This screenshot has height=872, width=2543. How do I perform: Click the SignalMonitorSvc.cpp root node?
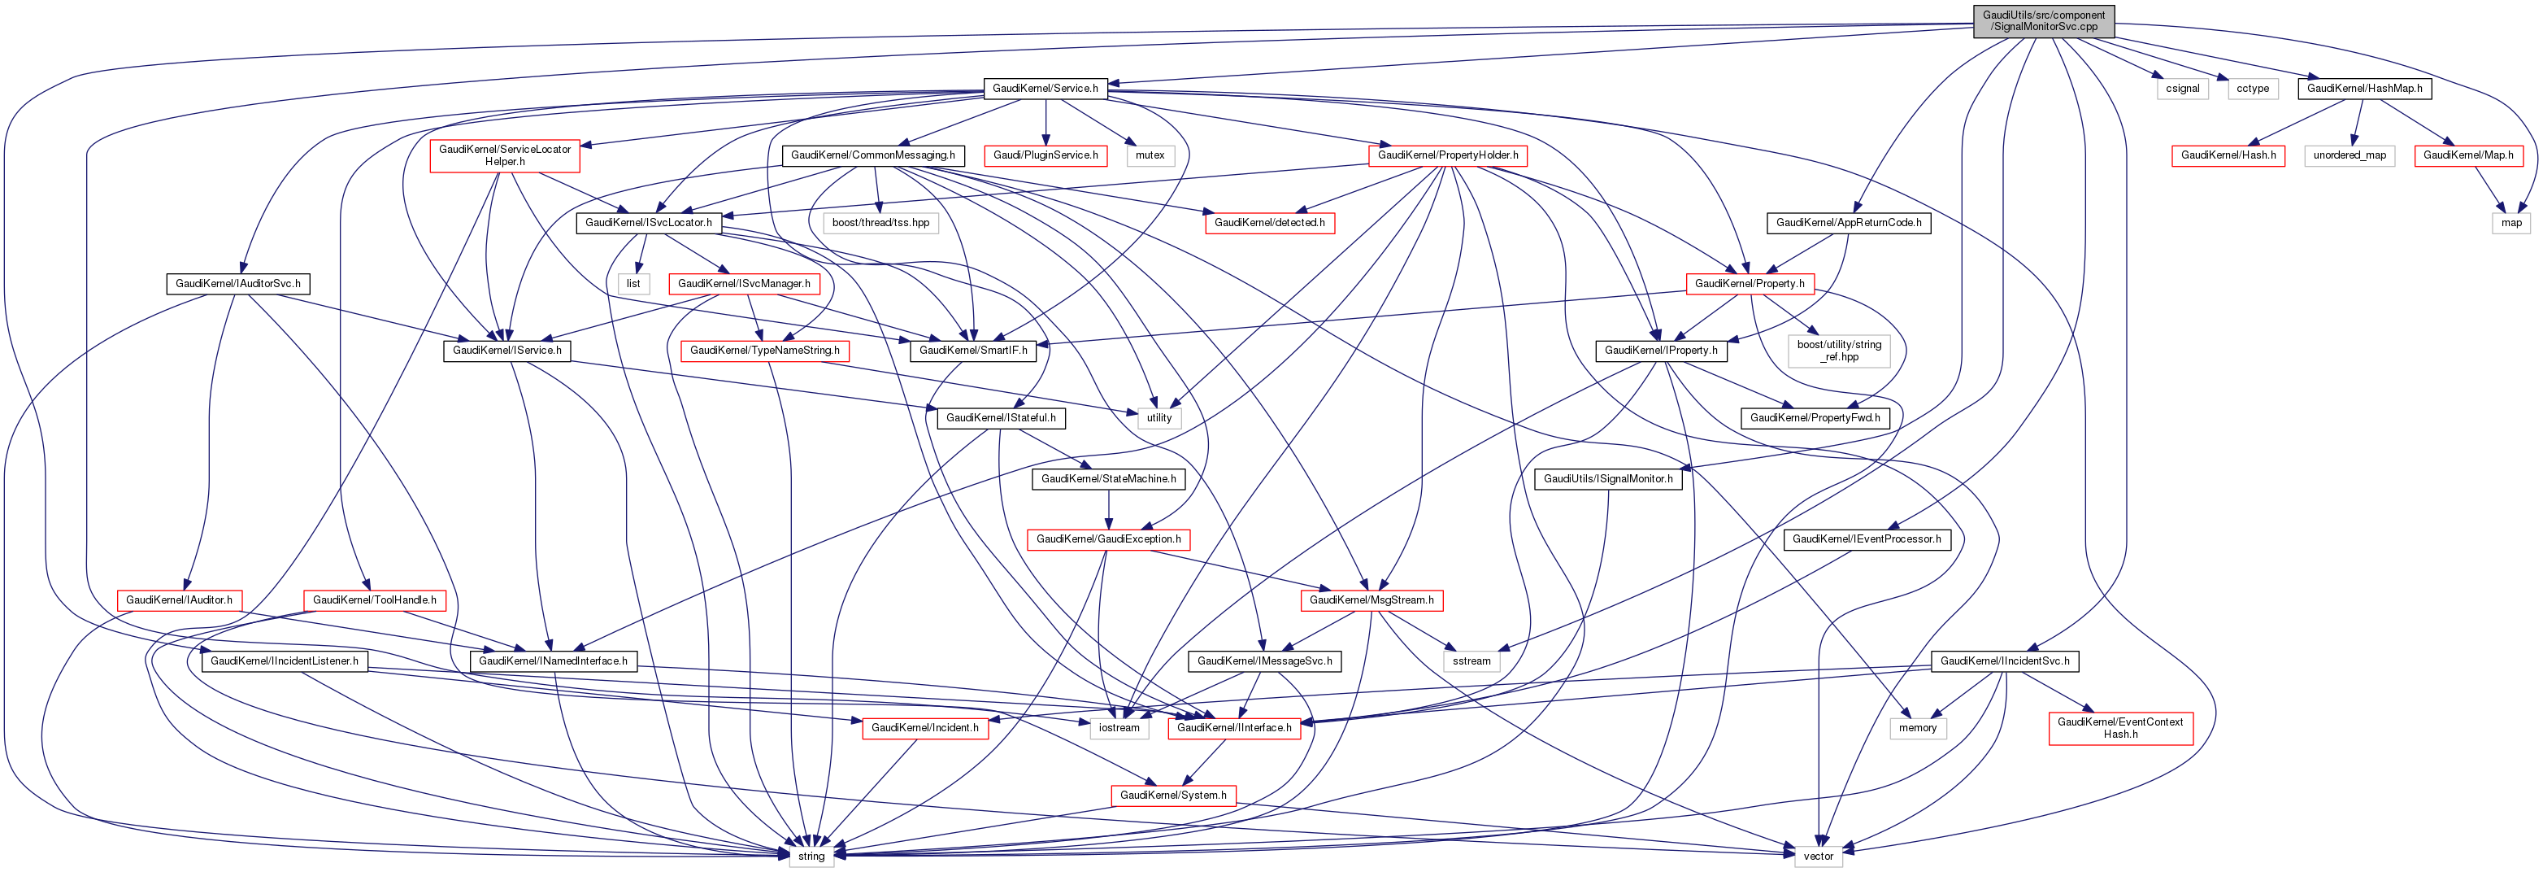pyautogui.click(x=2044, y=20)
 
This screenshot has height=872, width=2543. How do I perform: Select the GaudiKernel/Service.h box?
pyautogui.click(x=1045, y=89)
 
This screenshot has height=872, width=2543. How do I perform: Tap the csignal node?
pyautogui.click(x=2183, y=89)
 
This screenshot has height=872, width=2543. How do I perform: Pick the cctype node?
pyautogui.click(x=2253, y=89)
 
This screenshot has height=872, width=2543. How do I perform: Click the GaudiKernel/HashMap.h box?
pyautogui.click(x=2364, y=89)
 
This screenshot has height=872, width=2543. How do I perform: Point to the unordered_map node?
pyautogui.click(x=2350, y=156)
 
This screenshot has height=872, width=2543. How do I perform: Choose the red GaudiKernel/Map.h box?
pyautogui.click(x=2468, y=156)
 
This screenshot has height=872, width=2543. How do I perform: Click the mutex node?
pyautogui.click(x=1150, y=156)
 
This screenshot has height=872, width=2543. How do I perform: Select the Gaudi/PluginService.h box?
pyautogui.click(x=1045, y=156)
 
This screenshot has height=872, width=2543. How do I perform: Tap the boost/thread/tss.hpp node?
pyautogui.click(x=880, y=223)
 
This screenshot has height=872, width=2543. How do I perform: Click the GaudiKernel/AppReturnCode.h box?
pyautogui.click(x=1848, y=223)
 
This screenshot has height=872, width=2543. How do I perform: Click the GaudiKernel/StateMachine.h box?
pyautogui.click(x=1109, y=479)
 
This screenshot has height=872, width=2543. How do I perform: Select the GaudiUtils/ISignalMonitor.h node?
pyautogui.click(x=1608, y=479)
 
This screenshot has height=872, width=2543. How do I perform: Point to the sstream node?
pyautogui.click(x=1471, y=661)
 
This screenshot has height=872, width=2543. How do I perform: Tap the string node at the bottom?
pyautogui.click(x=811, y=857)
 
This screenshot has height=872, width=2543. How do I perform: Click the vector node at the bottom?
pyautogui.click(x=1819, y=857)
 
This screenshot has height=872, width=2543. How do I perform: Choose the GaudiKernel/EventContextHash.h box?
pyautogui.click(x=2120, y=729)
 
